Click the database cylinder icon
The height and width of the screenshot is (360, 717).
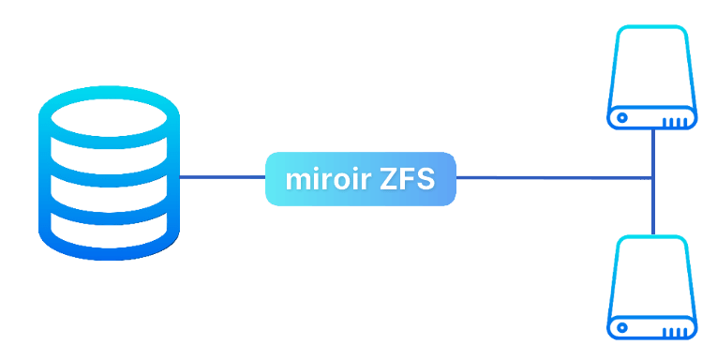109,172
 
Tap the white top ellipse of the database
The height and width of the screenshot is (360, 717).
109,117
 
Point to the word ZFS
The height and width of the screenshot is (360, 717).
408,179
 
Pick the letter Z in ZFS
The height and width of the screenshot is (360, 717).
388,180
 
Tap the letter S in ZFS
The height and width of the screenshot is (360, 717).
426,180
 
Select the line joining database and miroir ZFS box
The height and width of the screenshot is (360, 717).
223,177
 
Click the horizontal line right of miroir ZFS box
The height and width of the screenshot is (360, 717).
553,177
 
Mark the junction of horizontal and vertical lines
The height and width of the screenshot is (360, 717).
653,177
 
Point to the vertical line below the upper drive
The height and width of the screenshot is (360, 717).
653,153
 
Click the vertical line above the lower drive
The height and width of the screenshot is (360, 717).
653,206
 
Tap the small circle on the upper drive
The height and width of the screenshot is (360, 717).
622,118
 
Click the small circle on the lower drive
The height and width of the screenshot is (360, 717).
622,328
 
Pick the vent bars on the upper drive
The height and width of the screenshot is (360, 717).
675,122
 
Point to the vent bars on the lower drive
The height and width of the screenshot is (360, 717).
675,332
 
